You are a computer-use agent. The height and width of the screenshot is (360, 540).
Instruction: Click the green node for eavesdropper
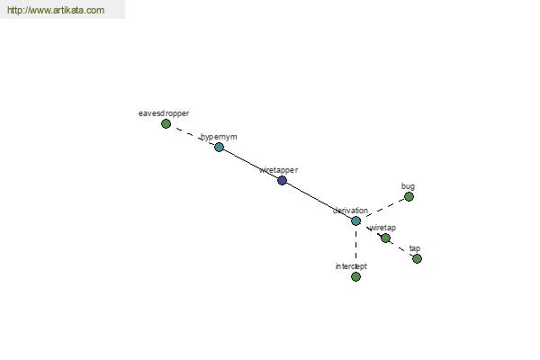pyautogui.click(x=166, y=123)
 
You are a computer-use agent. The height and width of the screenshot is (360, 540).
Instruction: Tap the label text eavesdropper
pyautogui.click(x=164, y=113)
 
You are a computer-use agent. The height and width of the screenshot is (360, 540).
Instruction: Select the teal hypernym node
pyautogui.click(x=219, y=147)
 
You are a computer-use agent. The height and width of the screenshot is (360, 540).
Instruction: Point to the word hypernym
pyautogui.click(x=219, y=137)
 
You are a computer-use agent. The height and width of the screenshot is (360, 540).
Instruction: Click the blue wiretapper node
pyautogui.click(x=282, y=180)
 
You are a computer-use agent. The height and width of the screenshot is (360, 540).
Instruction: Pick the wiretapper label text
pyautogui.click(x=278, y=169)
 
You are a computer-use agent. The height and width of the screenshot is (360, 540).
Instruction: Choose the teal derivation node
pyautogui.click(x=355, y=220)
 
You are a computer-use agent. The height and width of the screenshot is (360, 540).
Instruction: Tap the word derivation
pyautogui.click(x=350, y=211)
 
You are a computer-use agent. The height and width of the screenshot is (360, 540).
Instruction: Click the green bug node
pyautogui.click(x=409, y=196)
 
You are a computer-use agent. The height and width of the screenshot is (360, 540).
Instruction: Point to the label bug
pyautogui.click(x=408, y=186)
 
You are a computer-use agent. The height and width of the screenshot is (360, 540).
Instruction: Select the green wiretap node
pyautogui.click(x=385, y=238)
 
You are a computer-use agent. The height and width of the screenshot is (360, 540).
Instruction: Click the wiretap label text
pyautogui.click(x=382, y=228)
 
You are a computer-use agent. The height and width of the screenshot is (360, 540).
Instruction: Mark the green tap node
pyautogui.click(x=417, y=258)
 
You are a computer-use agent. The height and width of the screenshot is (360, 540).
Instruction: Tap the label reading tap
pyautogui.click(x=415, y=248)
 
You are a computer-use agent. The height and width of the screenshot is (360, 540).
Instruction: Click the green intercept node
pyautogui.click(x=355, y=276)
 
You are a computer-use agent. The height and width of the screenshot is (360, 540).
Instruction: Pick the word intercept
pyautogui.click(x=351, y=266)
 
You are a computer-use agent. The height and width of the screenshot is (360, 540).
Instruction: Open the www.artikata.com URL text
pyautogui.click(x=55, y=11)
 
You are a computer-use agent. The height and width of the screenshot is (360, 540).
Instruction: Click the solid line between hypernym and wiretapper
pyautogui.click(x=250, y=163)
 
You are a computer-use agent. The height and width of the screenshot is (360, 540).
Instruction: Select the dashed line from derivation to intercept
pyautogui.click(x=355, y=248)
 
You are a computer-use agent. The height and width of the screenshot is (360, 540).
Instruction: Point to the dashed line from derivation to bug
pyautogui.click(x=382, y=208)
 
